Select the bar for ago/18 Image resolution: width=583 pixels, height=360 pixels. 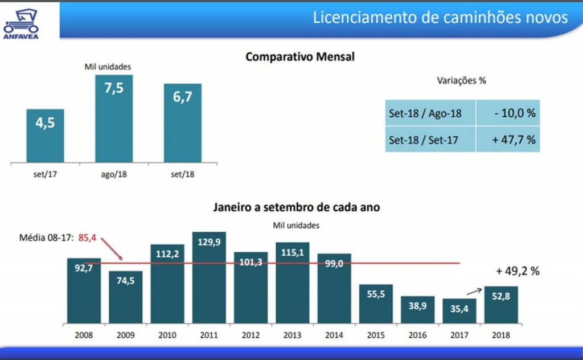114,119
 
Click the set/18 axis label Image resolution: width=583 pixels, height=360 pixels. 183,174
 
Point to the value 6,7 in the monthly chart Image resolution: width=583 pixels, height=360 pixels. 183,99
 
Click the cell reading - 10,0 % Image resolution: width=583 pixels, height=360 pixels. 508,113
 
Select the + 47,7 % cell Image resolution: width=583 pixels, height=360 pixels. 508,140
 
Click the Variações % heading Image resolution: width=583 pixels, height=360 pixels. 462,80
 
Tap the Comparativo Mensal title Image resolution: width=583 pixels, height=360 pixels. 299,57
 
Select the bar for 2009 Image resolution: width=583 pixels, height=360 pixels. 125,297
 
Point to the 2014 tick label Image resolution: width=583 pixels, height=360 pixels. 334,334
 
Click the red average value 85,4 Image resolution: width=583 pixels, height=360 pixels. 87,238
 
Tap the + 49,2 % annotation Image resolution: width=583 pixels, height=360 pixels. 517,271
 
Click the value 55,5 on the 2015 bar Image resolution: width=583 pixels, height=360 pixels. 376,294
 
